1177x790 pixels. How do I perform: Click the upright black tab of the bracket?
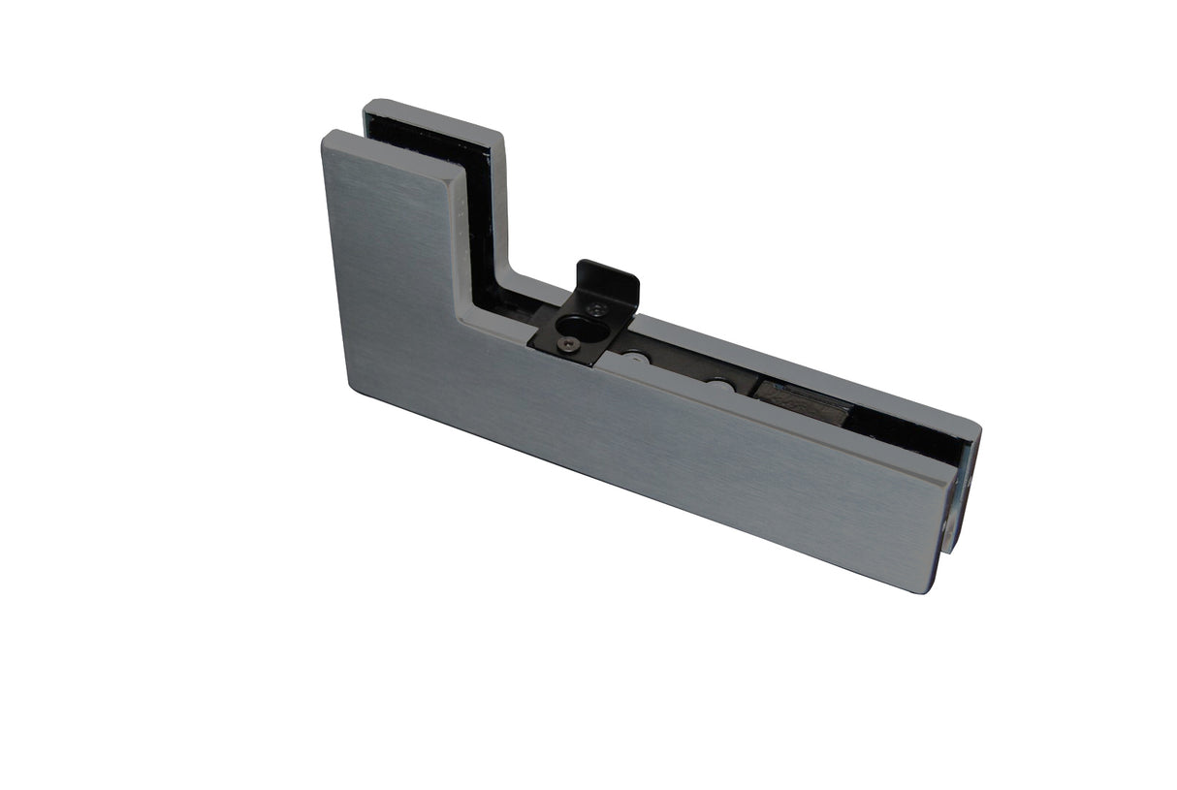(x=608, y=282)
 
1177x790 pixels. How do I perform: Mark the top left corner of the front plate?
(x=325, y=136)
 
